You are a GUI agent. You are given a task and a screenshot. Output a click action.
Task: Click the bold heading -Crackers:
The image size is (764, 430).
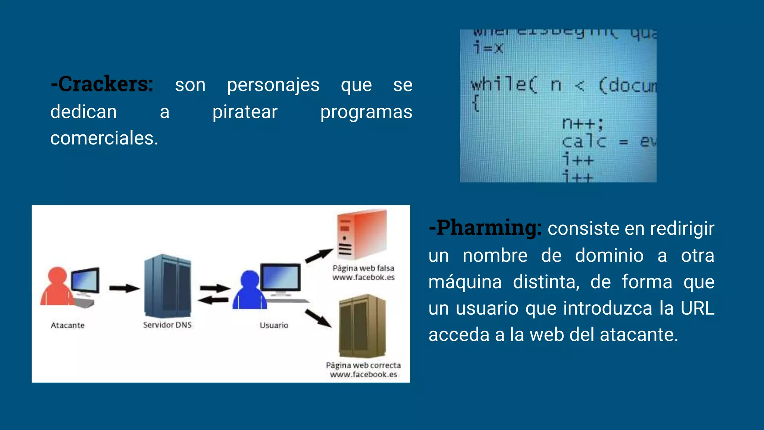[102, 84]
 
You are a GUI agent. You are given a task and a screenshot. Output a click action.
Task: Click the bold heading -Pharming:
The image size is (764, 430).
[485, 228]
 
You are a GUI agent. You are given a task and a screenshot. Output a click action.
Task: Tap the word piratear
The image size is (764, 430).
[245, 112]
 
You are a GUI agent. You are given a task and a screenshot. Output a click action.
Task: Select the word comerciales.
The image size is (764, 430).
[104, 138]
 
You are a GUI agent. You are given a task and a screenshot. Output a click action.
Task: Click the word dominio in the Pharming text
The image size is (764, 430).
[609, 256]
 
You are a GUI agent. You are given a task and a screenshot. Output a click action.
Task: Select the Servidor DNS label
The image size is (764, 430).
[167, 325]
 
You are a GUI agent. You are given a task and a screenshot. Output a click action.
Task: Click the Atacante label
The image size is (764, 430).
[68, 325]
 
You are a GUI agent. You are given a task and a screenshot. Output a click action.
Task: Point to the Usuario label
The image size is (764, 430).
[274, 325]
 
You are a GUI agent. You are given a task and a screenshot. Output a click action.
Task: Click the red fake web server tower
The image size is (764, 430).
[361, 235]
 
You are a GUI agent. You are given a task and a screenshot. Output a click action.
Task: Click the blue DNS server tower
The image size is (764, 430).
[167, 286]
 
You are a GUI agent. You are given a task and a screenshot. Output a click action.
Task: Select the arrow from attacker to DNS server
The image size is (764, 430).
[124, 288]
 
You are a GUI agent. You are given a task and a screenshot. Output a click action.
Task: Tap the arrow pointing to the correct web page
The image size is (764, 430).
[318, 318]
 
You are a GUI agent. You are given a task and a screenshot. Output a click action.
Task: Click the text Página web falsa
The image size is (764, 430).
[363, 268]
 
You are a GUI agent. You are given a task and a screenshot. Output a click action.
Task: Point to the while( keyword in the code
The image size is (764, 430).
[504, 85]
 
